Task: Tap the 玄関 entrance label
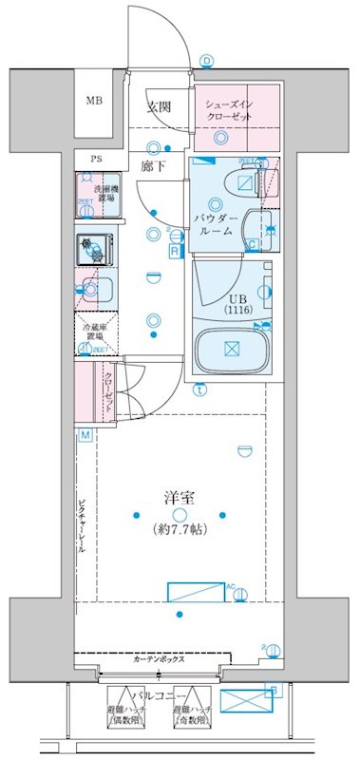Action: tap(157, 105)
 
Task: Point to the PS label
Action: tap(95, 159)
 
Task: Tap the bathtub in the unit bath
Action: tap(232, 350)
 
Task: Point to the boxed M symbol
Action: tap(85, 435)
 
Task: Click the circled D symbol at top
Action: tap(206, 62)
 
